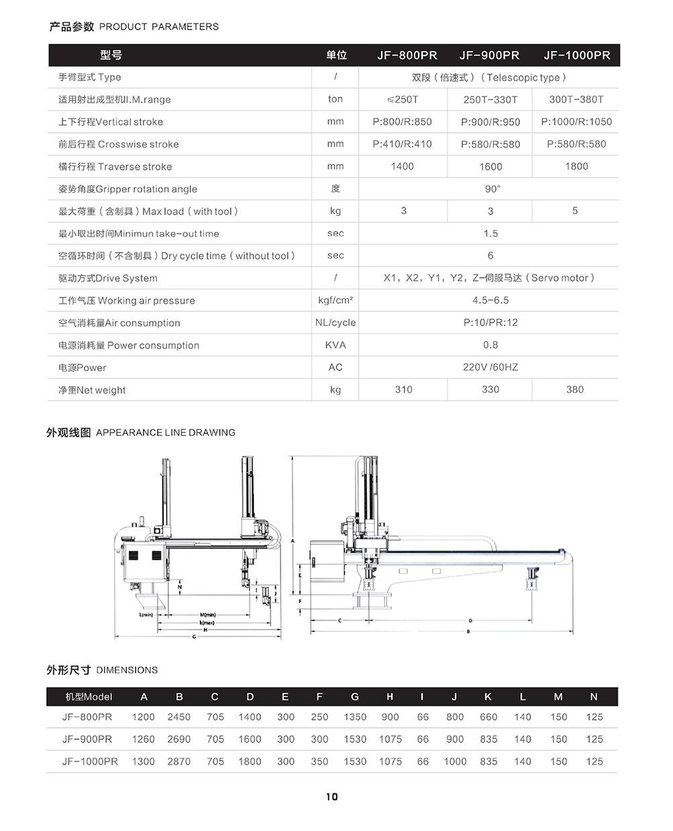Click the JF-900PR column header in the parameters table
click(489, 55)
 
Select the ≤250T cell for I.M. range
click(403, 99)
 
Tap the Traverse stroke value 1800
click(576, 166)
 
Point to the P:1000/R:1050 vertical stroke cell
click(576, 122)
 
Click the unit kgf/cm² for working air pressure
click(335, 300)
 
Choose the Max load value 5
click(575, 211)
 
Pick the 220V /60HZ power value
click(490, 367)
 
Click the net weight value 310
click(403, 390)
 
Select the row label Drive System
click(108, 278)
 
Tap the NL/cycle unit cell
click(335, 323)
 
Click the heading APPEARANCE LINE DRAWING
click(166, 433)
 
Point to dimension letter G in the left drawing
click(195, 636)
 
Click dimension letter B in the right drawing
click(468, 632)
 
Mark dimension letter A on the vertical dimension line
click(293, 541)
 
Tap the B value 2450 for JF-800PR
click(179, 717)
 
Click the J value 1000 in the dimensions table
click(455, 761)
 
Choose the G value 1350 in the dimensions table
click(355, 717)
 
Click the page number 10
click(332, 797)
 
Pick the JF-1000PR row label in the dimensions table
click(90, 761)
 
